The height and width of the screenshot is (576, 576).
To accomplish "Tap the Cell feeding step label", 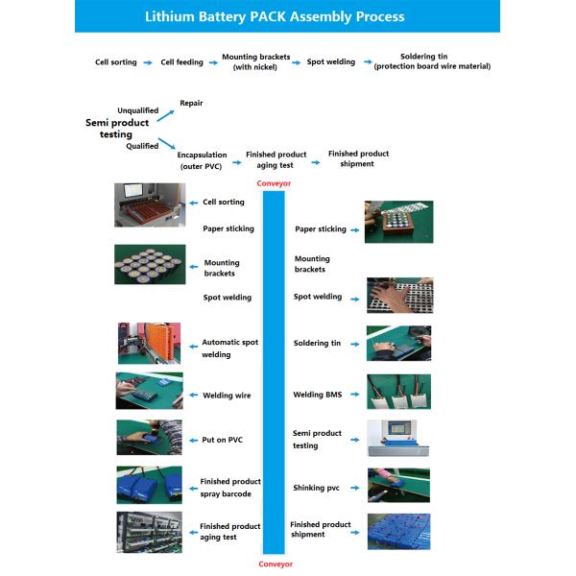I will pyautogui.click(x=181, y=62).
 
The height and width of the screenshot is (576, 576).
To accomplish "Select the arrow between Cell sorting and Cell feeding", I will pyautogui.click(x=147, y=62).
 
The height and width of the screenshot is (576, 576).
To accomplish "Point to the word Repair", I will pyautogui.click(x=191, y=102).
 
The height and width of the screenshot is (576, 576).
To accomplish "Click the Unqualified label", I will pyautogui.click(x=137, y=110).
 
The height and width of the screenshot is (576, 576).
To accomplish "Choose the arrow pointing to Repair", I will pyautogui.click(x=166, y=114).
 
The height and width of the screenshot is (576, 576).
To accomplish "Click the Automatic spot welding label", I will pyautogui.click(x=229, y=348).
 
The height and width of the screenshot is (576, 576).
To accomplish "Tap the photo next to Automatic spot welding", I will pyautogui.click(x=149, y=344).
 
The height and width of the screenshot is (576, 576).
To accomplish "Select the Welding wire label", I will pyautogui.click(x=227, y=395).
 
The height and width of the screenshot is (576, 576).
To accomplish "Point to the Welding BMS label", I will pyautogui.click(x=317, y=395).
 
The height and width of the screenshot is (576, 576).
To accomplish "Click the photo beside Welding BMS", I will pyautogui.click(x=398, y=392).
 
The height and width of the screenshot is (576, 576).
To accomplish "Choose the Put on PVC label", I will pyautogui.click(x=222, y=440).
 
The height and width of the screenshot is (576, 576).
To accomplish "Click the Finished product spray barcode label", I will pyautogui.click(x=229, y=488).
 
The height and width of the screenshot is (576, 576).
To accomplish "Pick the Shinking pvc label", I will pyautogui.click(x=316, y=488).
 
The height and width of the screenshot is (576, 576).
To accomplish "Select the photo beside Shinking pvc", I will pyautogui.click(x=398, y=485).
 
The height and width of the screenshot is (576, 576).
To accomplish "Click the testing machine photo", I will pyautogui.click(x=398, y=438).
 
